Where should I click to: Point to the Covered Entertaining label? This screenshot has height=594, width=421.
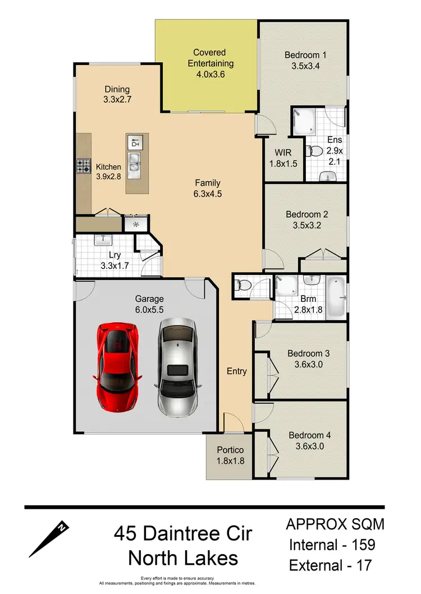pyautogui.click(x=210, y=63)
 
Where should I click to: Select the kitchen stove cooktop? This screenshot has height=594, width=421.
pyautogui.click(x=84, y=166)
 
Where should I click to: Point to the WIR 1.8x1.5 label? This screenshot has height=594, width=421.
pyautogui.click(x=282, y=158)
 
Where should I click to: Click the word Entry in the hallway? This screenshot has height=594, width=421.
pyautogui.click(x=236, y=371)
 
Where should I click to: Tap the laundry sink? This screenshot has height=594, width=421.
pyautogui.click(x=103, y=240)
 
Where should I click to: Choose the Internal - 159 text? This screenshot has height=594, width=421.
pyautogui.click(x=332, y=544)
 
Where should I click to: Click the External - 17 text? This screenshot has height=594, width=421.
pyautogui.click(x=330, y=565)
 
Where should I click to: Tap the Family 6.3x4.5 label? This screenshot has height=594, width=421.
pyautogui.click(x=208, y=188)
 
